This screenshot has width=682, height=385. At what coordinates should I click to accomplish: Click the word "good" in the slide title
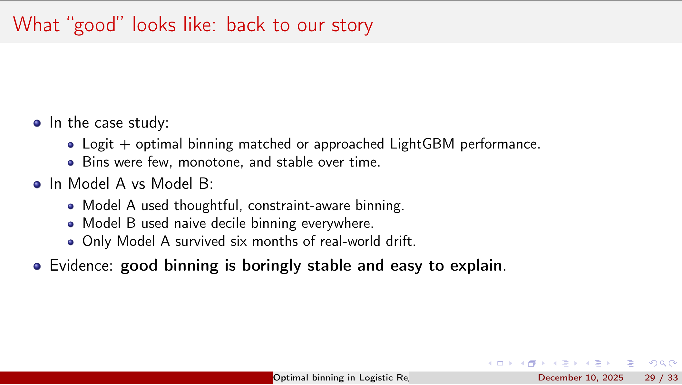[95, 26]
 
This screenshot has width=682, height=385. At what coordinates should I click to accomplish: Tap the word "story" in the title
[352, 26]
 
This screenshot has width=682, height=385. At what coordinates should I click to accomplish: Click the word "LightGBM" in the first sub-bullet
[422, 144]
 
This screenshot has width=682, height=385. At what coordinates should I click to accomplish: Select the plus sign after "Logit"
[125, 145]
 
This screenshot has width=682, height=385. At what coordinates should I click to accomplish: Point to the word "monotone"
[211, 162]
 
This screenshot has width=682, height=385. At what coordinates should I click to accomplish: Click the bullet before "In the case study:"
[37, 123]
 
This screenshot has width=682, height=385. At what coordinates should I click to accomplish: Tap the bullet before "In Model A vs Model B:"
[37, 185]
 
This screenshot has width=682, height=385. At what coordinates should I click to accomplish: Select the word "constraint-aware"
[299, 206]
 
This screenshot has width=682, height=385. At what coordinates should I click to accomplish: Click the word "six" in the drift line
[239, 241]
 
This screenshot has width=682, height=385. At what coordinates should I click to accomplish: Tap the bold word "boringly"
[271, 266]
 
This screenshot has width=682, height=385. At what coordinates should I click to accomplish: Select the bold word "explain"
[476, 266]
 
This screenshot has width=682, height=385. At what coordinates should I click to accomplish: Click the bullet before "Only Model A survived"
[71, 242]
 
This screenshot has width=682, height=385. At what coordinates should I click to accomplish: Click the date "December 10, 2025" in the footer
[580, 378]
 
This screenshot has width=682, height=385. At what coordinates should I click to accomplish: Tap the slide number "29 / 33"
[661, 378]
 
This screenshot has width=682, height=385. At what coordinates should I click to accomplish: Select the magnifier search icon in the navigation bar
[663, 363]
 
